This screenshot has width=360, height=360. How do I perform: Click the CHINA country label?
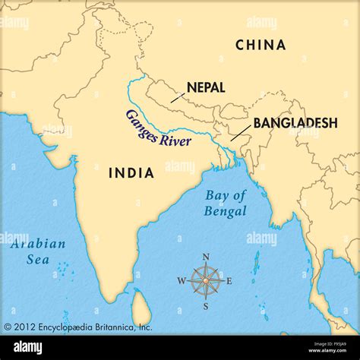click(261, 45)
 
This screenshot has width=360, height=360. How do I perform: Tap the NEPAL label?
click(205, 87)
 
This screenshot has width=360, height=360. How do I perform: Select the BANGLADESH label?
click(295, 122)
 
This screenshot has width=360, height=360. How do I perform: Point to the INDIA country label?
click(131, 172)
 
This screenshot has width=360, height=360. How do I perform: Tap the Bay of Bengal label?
click(226, 203)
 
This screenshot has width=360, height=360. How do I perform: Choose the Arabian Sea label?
click(38, 252)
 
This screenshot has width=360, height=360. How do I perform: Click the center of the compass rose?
click(206, 281)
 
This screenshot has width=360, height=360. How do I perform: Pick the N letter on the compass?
click(206, 257)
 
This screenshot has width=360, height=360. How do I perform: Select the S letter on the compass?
click(206, 306)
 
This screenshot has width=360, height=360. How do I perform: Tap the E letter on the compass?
click(229, 281)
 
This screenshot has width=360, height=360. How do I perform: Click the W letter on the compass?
click(182, 281)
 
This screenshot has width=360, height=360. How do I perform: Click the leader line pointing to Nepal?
click(177, 96)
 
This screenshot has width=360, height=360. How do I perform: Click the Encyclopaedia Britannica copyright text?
click(78, 327)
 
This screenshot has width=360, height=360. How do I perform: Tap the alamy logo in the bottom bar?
click(29, 347)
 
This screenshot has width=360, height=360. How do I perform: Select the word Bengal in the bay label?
click(226, 211)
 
